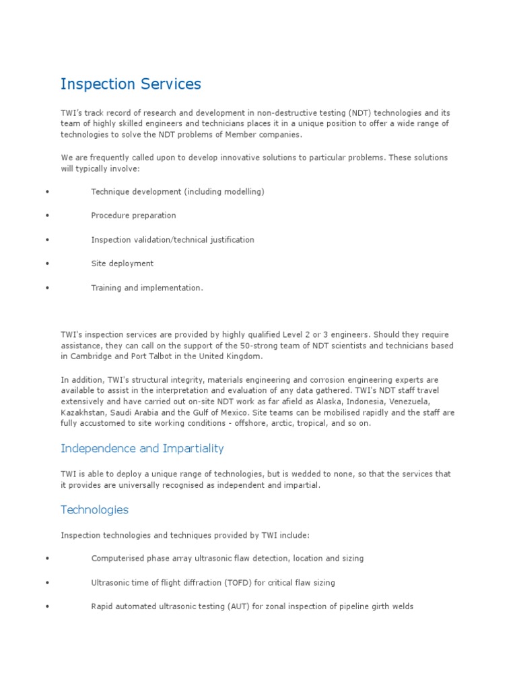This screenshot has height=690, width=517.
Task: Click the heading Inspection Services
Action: [131, 84]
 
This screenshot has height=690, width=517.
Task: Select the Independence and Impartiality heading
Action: [142, 448]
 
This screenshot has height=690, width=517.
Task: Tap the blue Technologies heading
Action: [94, 509]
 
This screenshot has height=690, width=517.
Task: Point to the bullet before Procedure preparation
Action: [48, 216]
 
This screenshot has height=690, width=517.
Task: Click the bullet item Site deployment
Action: [123, 263]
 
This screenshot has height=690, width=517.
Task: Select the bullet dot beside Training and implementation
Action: [48, 288]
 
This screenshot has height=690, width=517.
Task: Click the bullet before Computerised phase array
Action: [48, 558]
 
